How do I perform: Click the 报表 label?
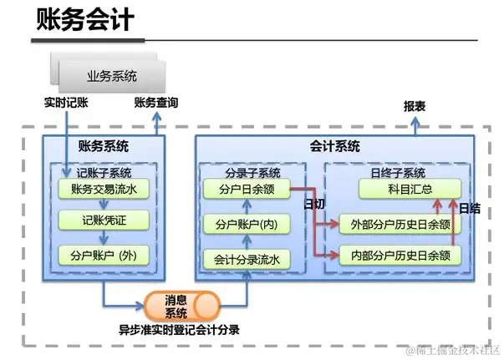coord(415,107)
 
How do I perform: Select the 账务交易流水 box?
coord(104,190)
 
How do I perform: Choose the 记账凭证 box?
coord(104,221)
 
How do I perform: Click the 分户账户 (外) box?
coord(104,255)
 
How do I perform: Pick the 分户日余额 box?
coord(247,190)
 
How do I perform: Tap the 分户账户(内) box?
coord(247,225)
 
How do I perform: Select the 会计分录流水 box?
coord(247,259)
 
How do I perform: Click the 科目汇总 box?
coord(409,190)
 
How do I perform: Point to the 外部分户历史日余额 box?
coord(400,224)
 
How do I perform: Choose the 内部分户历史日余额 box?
coord(400,255)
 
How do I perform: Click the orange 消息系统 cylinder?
coord(176,307)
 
